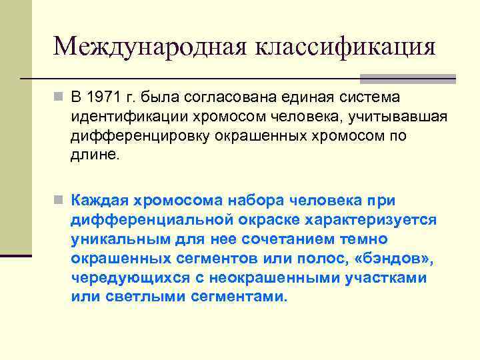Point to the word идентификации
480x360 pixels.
pyautogui.click(x=123, y=117)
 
